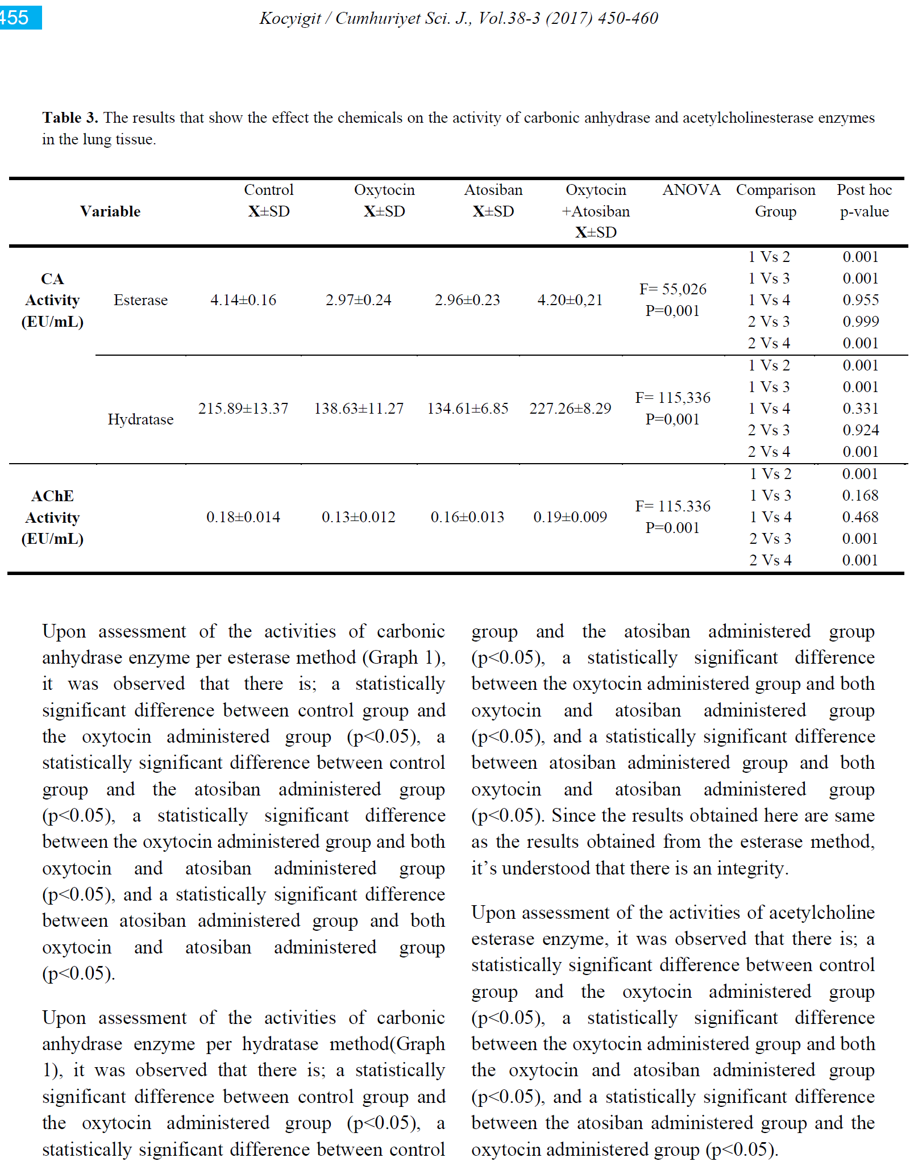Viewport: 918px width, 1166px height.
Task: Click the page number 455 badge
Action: pos(17,17)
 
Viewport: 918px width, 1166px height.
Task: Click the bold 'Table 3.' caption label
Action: pos(70,118)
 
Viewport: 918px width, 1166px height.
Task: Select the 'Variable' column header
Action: pos(110,211)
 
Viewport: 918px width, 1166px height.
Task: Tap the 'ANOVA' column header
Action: pos(691,190)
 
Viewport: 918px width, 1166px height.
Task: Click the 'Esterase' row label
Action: pos(140,300)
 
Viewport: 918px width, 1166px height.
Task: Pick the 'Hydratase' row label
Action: pos(140,419)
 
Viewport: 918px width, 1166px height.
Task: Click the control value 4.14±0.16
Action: pos(243,300)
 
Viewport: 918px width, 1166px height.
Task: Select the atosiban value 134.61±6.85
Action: pos(468,409)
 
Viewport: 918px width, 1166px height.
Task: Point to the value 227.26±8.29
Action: pos(570,409)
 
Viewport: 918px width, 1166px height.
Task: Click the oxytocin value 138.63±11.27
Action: pos(359,409)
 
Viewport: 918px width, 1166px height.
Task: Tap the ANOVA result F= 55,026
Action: pos(673,289)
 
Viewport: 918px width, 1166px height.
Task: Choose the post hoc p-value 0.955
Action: pos(861,300)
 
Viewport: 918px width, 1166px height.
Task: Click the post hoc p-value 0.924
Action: pos(861,430)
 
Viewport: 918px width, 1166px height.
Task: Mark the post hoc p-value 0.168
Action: pos(860,495)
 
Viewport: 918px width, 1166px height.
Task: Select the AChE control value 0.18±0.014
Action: pos(243,517)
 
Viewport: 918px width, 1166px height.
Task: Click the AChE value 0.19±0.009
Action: pos(570,517)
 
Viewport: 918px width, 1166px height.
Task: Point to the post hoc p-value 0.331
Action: pos(861,409)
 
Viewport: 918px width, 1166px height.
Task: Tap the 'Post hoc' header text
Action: pos(864,190)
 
